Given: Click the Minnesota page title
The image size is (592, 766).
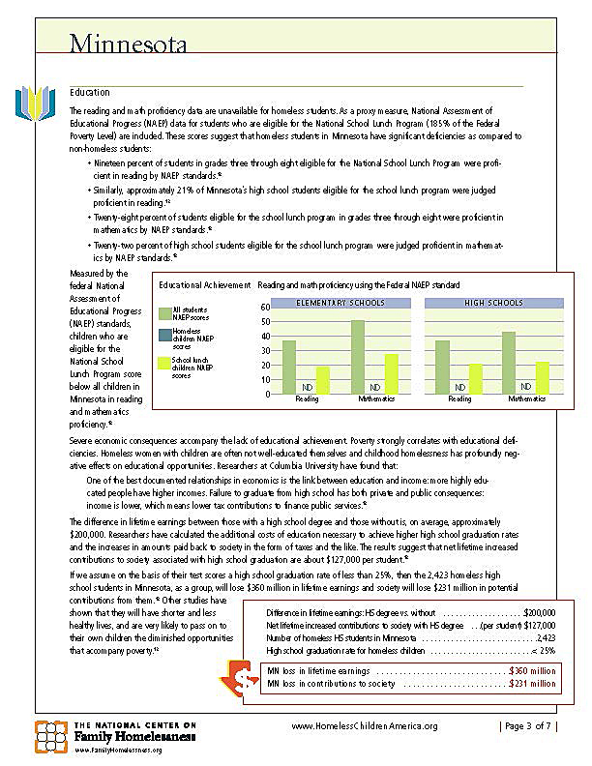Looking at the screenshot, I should point(128,44).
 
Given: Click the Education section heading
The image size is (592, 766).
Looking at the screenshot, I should point(89,92).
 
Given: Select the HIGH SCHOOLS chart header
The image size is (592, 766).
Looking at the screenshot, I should point(493,303).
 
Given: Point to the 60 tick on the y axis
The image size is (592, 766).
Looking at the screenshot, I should point(265,307).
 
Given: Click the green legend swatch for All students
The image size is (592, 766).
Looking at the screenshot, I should point(163,312).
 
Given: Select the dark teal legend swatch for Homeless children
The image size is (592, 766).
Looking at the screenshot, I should point(163,335).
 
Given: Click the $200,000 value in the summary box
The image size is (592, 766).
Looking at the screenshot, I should point(539,612).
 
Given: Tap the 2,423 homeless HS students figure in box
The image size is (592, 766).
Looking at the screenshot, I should point(546,637).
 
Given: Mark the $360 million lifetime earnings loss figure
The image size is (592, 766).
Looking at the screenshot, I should point(532,670).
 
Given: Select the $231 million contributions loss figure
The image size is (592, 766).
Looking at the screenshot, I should point(532,684).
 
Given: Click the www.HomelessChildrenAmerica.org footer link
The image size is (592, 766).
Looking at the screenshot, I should point(365,726).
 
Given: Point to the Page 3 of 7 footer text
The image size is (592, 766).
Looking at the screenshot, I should point(528,726).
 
